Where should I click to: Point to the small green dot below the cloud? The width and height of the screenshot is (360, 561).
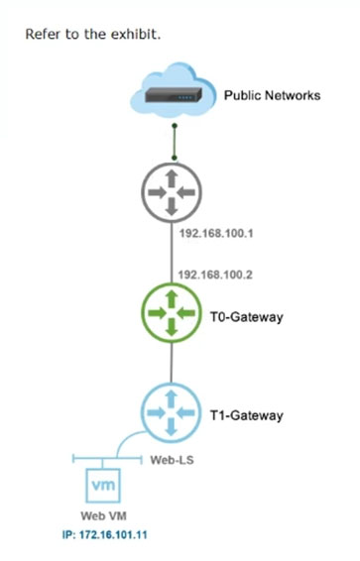tap(175, 127)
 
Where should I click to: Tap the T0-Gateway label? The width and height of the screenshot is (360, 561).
tap(249, 318)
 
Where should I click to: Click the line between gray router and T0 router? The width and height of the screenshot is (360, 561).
tap(175, 253)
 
